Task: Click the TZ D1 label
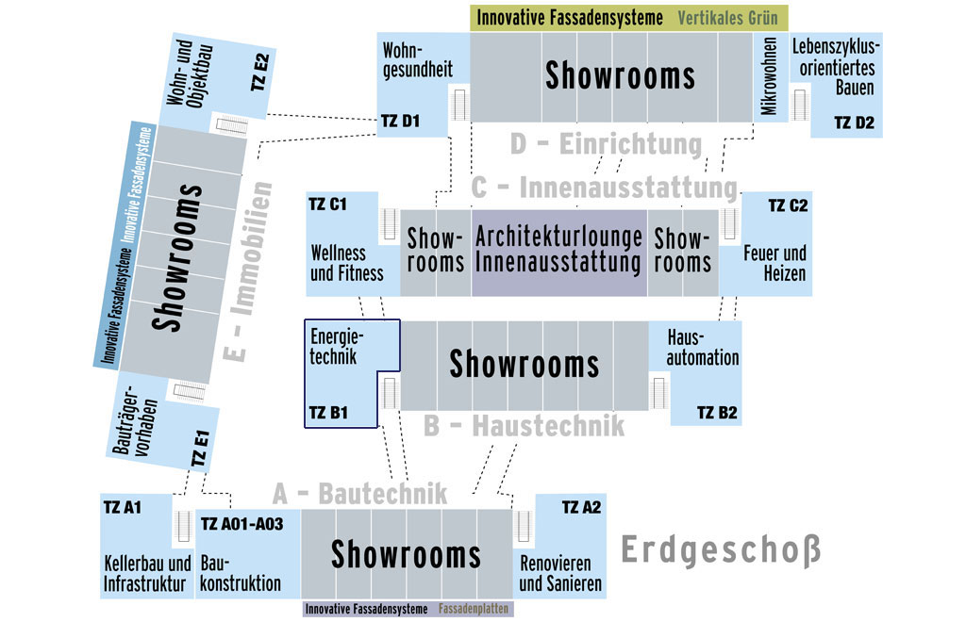click(x=400, y=122)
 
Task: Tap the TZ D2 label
click(x=855, y=123)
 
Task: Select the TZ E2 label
click(x=260, y=73)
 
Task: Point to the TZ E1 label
click(x=201, y=449)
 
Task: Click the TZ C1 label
click(x=327, y=205)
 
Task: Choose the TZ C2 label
click(x=788, y=205)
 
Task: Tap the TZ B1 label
click(x=328, y=413)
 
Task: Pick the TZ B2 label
click(x=717, y=413)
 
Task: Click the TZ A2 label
click(x=581, y=508)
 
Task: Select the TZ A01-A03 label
click(x=242, y=524)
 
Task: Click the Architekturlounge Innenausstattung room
click(x=559, y=253)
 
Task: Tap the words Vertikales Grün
click(x=727, y=18)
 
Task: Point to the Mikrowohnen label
click(x=769, y=75)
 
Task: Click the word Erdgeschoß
click(x=721, y=549)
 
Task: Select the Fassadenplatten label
click(x=474, y=609)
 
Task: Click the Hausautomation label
click(x=702, y=348)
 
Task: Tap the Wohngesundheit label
click(x=418, y=59)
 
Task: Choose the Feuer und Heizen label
click(x=775, y=263)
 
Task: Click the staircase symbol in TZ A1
click(x=182, y=526)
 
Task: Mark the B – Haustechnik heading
click(x=524, y=426)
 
